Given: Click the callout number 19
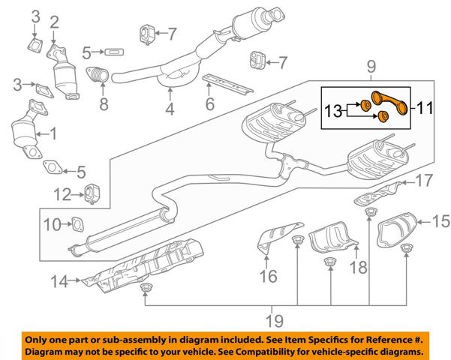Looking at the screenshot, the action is tap(275, 320).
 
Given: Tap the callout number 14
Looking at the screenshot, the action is tap(59, 281).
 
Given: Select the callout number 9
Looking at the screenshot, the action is tap(371, 67).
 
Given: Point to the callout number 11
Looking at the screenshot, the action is tap(425, 109).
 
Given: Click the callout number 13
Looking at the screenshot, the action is tap(333, 111).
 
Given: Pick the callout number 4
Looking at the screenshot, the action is tap(170, 109).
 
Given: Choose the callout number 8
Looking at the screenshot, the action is tap(104, 103).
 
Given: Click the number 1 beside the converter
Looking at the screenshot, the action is tap(53, 134).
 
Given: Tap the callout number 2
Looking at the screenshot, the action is tap(54, 22).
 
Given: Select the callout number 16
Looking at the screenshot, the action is tap(268, 276).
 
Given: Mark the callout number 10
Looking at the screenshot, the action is tap(52, 224).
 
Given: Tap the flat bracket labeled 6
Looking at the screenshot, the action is tap(228, 84).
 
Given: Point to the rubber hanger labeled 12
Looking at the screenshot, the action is tap(92, 193).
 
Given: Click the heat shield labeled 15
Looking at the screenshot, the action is tap(396, 229).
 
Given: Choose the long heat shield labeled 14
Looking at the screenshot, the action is tap(143, 265).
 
